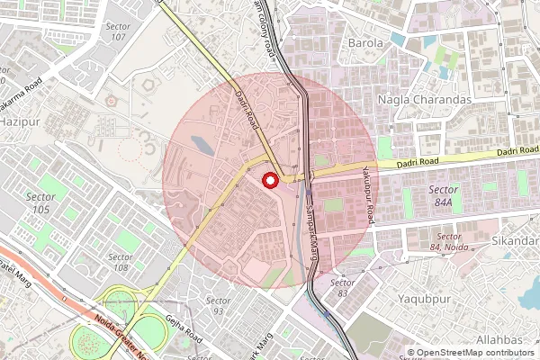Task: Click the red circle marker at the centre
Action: point(269,181)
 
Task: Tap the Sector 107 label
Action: point(118,31)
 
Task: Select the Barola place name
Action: point(366,42)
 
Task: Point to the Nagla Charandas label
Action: point(425,99)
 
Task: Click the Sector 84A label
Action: point(443,195)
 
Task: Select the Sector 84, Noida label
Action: point(447,242)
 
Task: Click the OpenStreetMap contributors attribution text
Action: point(475,353)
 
